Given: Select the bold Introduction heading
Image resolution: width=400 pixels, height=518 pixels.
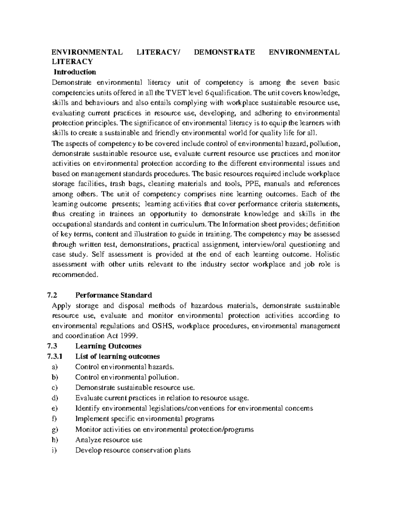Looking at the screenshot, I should point(75,72).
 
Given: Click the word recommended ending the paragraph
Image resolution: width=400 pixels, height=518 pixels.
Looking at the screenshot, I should point(75,275).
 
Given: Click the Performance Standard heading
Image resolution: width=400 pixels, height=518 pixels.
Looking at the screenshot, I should point(114,295).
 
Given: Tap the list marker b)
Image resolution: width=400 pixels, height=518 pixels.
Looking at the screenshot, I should point(55,377).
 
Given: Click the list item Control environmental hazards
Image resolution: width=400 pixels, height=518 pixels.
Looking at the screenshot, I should point(125,367).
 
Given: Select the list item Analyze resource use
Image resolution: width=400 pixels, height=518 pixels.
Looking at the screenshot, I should point(109,440).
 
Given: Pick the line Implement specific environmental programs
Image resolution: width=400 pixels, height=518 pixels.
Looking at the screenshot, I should point(145,419).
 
